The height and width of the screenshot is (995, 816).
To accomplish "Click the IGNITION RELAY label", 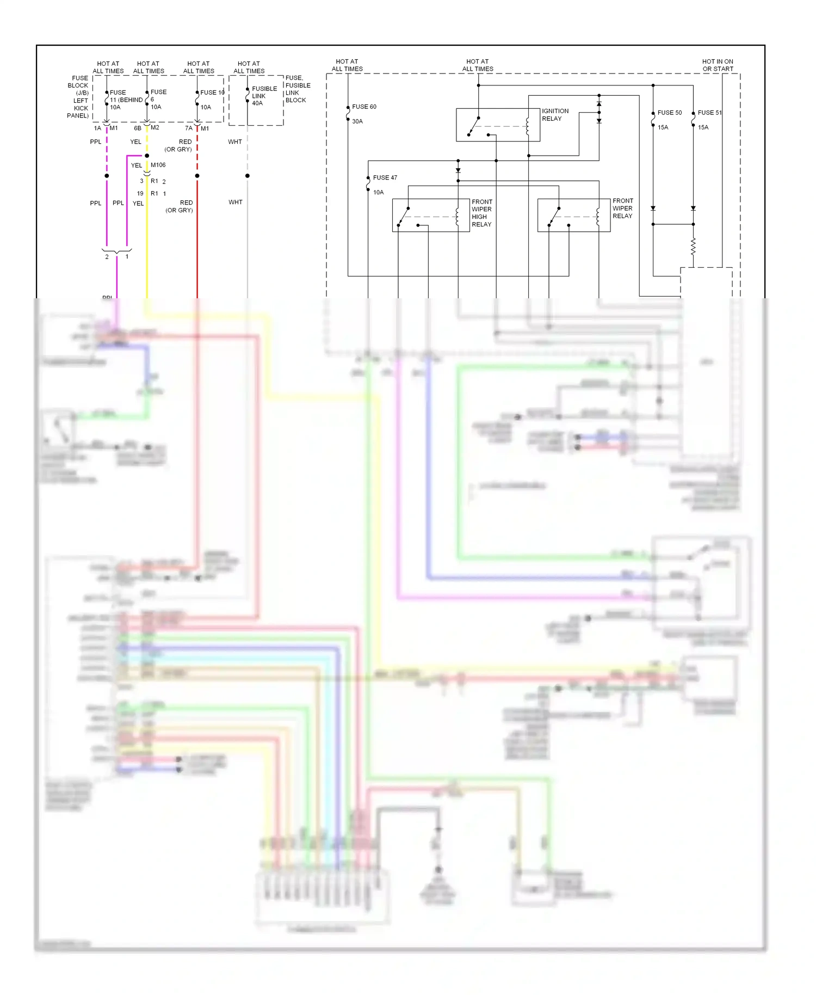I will coord(555,115).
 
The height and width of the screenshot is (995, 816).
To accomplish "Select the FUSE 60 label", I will coord(364,107).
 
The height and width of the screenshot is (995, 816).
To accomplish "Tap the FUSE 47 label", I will coord(385,178).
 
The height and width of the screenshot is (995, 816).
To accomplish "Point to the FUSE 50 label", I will coord(669,113).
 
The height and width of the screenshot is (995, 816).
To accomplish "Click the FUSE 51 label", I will coord(709,113).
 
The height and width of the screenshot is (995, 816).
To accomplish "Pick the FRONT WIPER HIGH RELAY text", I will coord(481,213).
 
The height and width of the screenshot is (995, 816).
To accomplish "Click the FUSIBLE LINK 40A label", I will coord(264,96).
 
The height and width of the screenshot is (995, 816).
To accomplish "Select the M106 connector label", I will coord(158,165).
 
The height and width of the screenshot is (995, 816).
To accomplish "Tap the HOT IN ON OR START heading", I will coord(718,65).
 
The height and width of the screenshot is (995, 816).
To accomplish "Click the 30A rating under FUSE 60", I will coord(357,121).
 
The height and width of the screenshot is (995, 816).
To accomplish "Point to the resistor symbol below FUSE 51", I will coord(693,247).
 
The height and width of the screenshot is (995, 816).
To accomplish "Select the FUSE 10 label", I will coord(212,93).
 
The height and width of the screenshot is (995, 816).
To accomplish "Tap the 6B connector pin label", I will coord(138,128).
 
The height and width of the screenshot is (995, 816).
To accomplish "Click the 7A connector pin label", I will coord(188,128).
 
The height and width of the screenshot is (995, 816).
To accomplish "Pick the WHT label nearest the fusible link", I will coord(235,142).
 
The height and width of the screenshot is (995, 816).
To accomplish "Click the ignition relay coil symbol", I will coord(527,126).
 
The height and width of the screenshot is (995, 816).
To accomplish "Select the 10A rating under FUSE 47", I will coord(378,193).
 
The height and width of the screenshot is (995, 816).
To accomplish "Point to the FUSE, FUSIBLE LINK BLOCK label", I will coord(298,89).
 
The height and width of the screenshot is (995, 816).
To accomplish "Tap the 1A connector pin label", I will coord(97,128).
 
